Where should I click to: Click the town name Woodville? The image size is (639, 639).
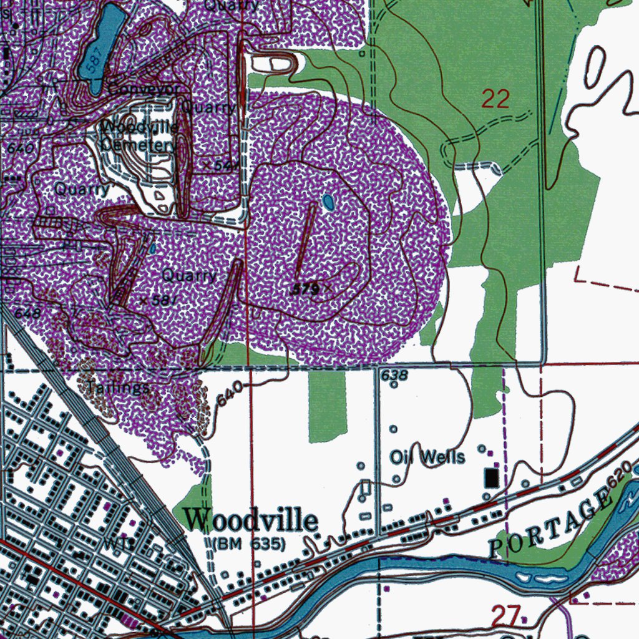click(x=251, y=520)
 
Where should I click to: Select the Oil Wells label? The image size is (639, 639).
click(x=428, y=457)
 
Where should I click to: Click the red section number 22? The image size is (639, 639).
click(x=495, y=99)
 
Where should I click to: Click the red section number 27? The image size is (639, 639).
click(x=505, y=617)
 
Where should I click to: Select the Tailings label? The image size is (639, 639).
click(x=118, y=388)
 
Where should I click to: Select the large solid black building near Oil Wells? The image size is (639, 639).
click(x=492, y=478)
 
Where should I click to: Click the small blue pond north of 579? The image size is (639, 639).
click(x=328, y=202)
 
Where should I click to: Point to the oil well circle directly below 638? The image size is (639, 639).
click(x=394, y=385)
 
